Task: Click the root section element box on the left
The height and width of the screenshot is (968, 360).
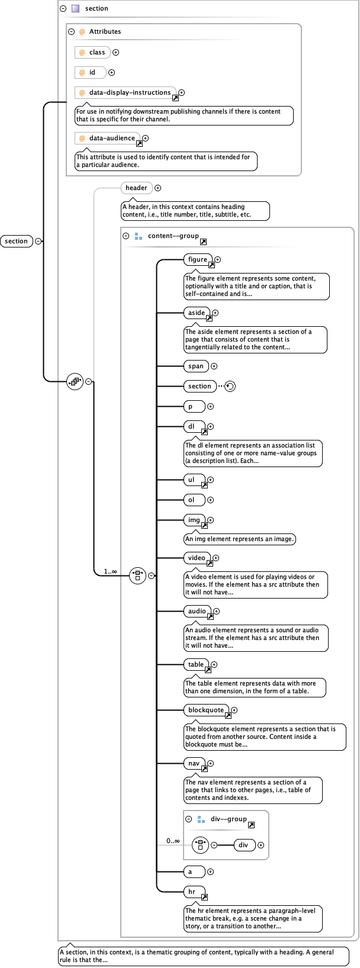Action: (x=17, y=241)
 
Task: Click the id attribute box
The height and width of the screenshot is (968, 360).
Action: (x=90, y=72)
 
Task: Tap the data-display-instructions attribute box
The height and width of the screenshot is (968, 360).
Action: (x=126, y=92)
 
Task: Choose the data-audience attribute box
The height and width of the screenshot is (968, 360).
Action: (x=107, y=138)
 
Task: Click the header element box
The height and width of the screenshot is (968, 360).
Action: (x=136, y=188)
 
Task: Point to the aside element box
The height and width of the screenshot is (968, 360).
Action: (x=197, y=313)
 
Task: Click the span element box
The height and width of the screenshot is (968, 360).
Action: (x=196, y=366)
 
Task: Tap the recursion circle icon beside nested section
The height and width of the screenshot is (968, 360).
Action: (x=230, y=386)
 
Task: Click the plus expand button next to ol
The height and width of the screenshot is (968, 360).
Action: (x=211, y=500)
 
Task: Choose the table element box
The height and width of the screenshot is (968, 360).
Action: (x=197, y=664)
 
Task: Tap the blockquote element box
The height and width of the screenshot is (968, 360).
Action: (x=207, y=710)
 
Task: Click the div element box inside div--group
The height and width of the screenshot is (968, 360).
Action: (x=244, y=845)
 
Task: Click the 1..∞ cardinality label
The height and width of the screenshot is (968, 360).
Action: (x=110, y=571)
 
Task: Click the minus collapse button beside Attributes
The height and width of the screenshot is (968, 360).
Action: (x=72, y=31)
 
